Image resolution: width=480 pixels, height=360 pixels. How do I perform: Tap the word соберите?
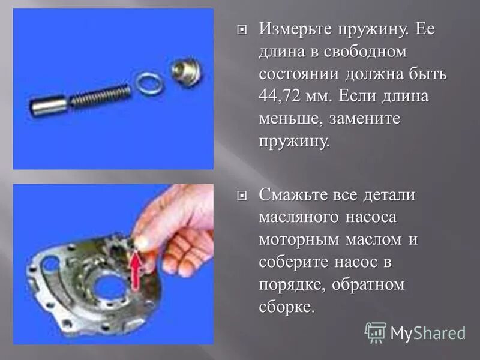[x=296, y=262]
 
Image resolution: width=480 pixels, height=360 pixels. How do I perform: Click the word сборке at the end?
[x=286, y=307]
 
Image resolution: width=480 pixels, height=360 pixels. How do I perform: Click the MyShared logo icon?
[x=376, y=332]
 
